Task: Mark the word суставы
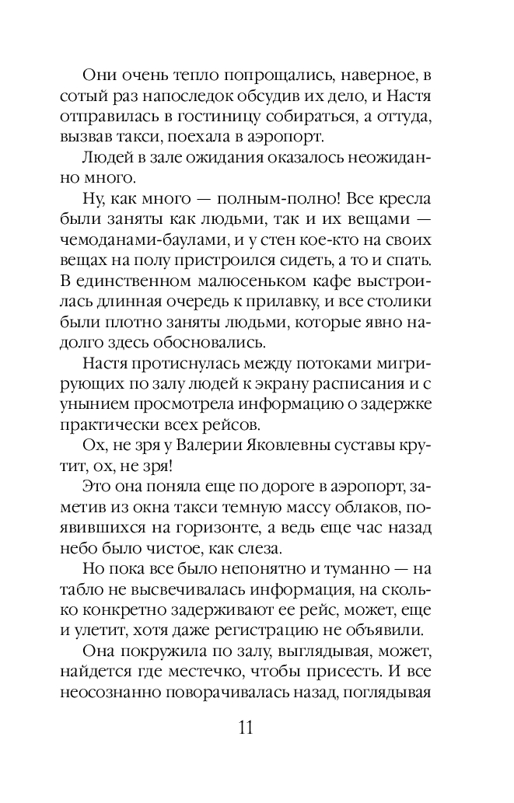(x=375, y=445)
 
